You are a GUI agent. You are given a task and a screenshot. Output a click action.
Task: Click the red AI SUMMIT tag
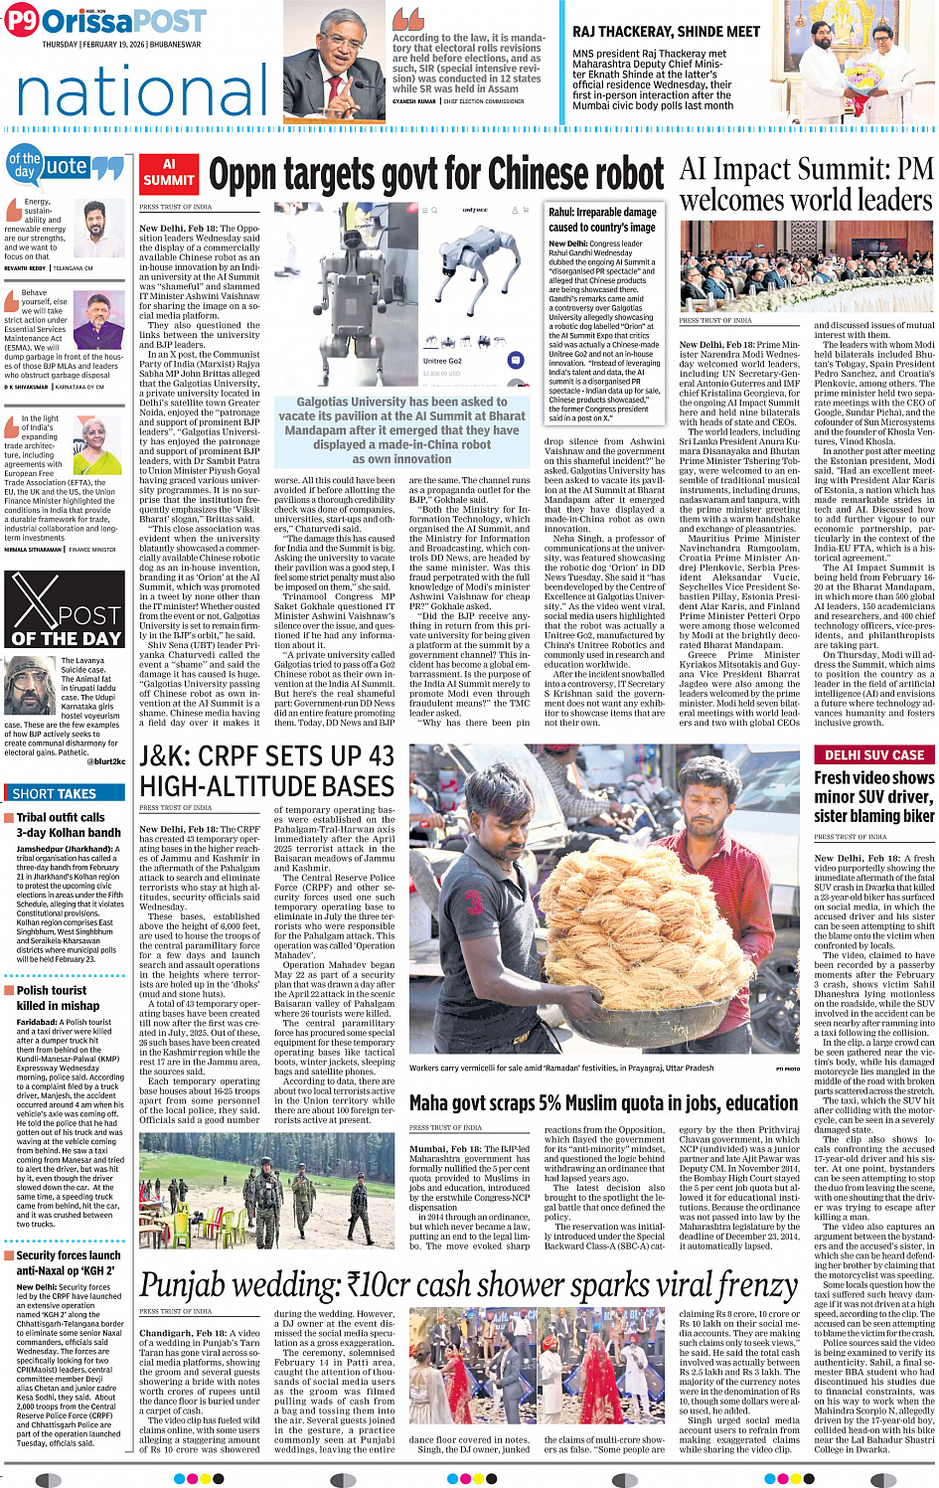[169, 173]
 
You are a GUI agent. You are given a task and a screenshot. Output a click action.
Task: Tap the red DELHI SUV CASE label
[874, 754]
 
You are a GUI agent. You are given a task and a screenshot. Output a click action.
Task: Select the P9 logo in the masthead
[22, 20]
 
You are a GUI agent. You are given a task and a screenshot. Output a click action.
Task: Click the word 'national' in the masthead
[142, 92]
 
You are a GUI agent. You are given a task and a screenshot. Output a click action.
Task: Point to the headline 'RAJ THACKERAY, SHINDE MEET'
[666, 32]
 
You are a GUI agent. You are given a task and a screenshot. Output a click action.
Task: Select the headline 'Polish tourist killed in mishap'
[58, 998]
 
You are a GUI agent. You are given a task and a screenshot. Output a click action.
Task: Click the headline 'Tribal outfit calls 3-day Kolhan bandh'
[68, 824]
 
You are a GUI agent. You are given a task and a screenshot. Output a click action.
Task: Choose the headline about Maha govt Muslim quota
[603, 1103]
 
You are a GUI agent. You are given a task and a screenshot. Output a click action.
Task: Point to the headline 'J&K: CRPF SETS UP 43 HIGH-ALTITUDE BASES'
[266, 770]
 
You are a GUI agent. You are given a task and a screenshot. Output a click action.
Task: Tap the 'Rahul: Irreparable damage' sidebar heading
[602, 219]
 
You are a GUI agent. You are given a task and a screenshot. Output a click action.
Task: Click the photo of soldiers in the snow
[266, 1192]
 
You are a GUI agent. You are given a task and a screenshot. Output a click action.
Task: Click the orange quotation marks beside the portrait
[407, 19]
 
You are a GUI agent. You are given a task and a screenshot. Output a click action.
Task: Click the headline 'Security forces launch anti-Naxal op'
[68, 1262]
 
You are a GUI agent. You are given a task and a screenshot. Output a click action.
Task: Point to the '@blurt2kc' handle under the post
[105, 761]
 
